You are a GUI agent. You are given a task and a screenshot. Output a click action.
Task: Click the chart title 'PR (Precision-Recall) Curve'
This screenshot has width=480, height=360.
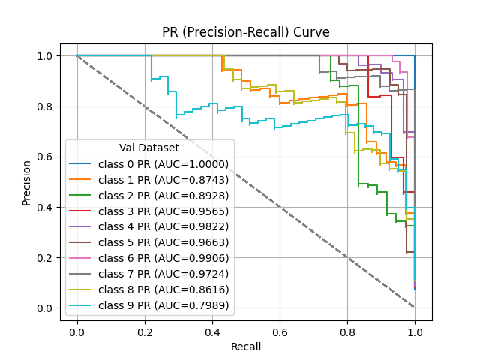[246, 33]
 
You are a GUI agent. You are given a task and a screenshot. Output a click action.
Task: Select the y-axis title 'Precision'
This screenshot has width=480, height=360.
[27, 182]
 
